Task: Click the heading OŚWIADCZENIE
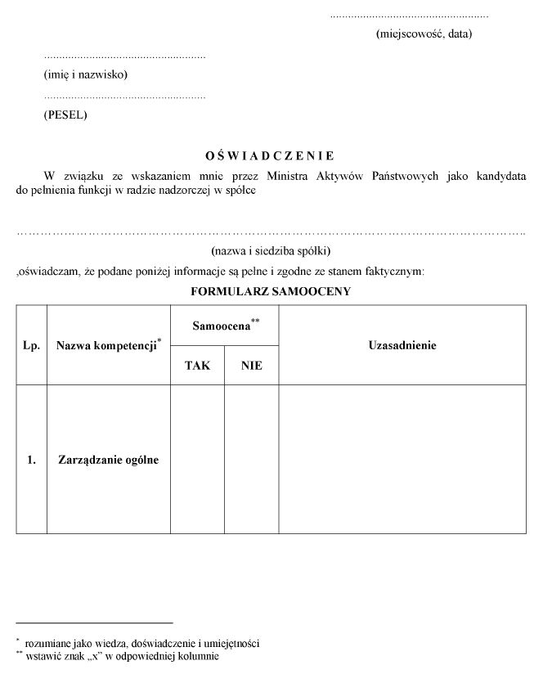click(x=269, y=155)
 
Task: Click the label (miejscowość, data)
click(x=424, y=34)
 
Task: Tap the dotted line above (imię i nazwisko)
click(x=124, y=57)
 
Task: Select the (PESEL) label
click(x=65, y=115)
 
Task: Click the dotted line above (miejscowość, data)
click(x=409, y=16)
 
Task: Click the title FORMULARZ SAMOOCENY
click(x=270, y=291)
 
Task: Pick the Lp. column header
click(x=31, y=345)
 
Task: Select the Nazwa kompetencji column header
click(x=108, y=345)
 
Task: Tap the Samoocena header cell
click(x=225, y=326)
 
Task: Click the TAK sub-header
click(x=197, y=366)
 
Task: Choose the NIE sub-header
click(x=252, y=366)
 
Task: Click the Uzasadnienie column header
click(x=402, y=345)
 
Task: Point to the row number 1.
click(x=31, y=460)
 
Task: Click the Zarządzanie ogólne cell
click(x=108, y=460)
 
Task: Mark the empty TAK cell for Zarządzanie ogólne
click(x=197, y=460)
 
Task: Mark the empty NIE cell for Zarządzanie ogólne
click(x=252, y=460)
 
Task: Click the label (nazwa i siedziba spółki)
click(x=270, y=250)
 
